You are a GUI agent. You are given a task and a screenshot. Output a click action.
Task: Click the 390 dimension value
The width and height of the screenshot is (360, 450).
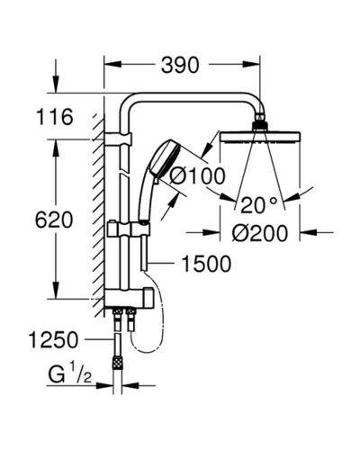coord(180,65)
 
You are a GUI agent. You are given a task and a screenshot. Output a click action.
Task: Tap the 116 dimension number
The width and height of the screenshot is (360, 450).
coord(54,117)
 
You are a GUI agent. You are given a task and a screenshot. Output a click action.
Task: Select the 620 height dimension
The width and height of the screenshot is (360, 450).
coord(54,220)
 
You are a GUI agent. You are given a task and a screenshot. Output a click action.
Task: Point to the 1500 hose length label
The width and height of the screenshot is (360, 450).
coord(207,264)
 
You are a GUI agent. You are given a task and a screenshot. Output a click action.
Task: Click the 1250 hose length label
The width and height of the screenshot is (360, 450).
coord(53,339)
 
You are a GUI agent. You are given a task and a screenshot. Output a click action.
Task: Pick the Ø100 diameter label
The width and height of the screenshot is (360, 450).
coord(197,175)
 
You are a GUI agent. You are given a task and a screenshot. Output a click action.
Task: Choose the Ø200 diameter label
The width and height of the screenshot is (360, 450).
coord(260,233)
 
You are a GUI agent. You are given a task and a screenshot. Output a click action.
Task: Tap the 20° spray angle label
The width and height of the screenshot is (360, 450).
coord(258,205)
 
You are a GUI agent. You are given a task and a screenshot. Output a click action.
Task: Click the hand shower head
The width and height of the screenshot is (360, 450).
coord(165,159)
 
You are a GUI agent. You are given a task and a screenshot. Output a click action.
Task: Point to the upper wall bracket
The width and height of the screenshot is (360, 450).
coord(118,139)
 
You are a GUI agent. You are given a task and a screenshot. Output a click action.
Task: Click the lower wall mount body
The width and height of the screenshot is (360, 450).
coord(129,299)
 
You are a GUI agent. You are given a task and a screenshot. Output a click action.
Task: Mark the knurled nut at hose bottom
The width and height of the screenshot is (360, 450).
coord(117,362)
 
